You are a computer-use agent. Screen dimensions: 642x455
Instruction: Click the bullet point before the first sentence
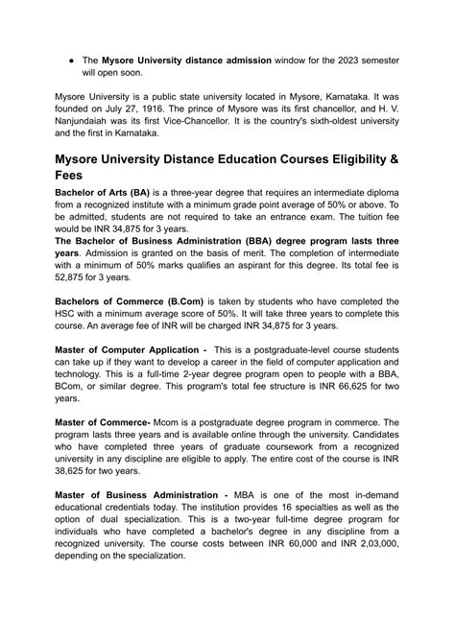[70, 59]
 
